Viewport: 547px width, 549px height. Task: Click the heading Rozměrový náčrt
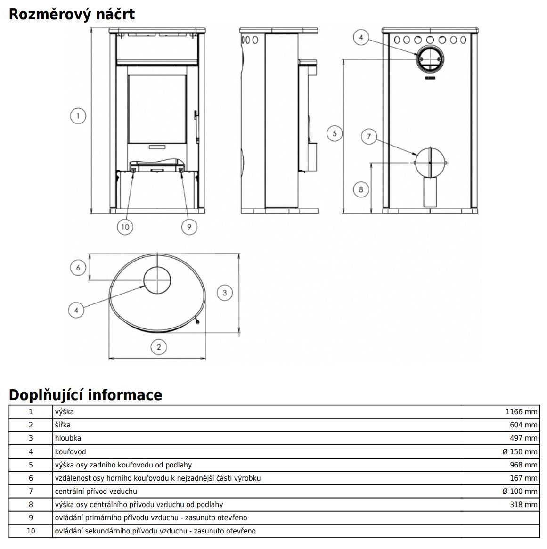coord(72,14)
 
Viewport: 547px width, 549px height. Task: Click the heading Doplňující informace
coord(85,394)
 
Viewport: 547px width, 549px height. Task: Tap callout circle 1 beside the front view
coord(78,115)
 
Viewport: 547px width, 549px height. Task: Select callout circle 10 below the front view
coord(125,227)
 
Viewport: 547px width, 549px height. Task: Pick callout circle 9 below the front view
coord(189,227)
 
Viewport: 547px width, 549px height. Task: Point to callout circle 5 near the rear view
coord(335,133)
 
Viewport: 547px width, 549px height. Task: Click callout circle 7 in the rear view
coord(369,137)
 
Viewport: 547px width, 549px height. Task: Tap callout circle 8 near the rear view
coord(361,189)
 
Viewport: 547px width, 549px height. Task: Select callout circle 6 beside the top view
coord(78,268)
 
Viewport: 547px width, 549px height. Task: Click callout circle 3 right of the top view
coord(224,293)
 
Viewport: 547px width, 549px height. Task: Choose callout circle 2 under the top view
coord(158,347)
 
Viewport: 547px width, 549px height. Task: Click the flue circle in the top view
coord(157,280)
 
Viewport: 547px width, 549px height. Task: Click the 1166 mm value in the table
coord(521,411)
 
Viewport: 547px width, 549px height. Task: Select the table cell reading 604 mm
coord(523,425)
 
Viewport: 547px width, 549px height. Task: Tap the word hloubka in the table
coord(68,438)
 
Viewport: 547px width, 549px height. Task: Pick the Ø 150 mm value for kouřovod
coord(520,451)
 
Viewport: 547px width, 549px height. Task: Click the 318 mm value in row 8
coord(523,504)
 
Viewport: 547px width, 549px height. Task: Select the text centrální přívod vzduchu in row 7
coord(96,491)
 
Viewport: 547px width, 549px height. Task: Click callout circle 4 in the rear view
coord(361,37)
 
